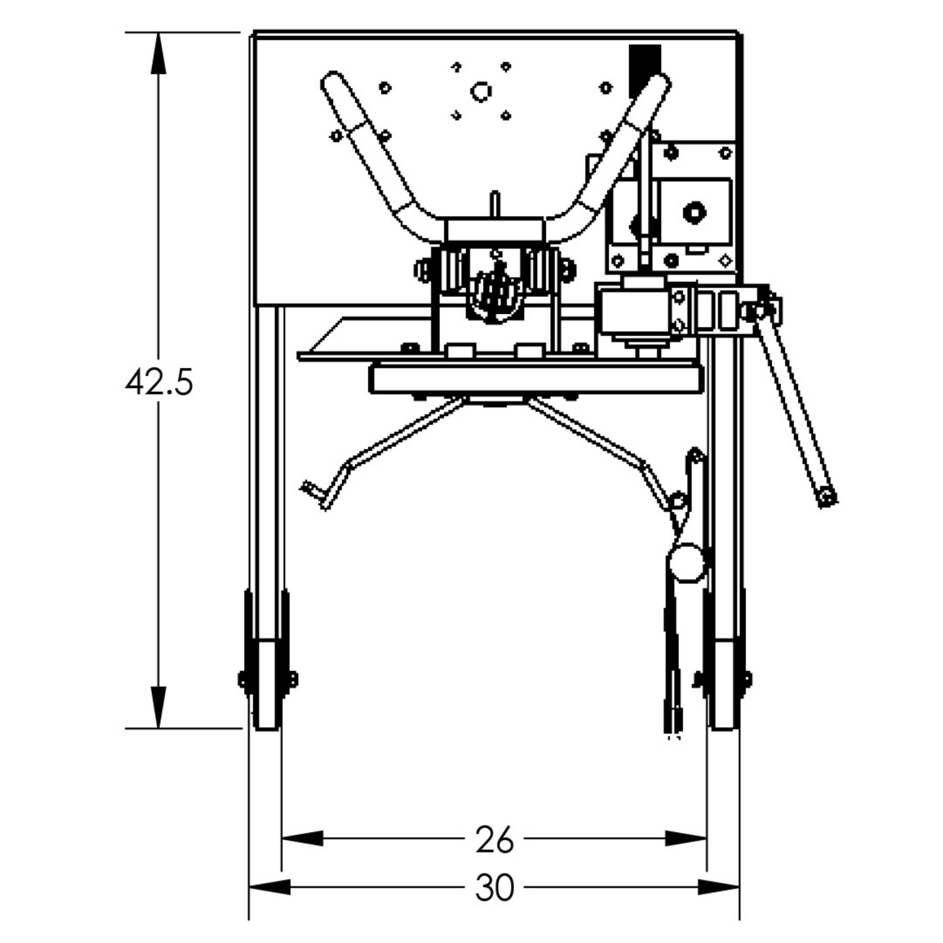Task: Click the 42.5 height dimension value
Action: [159, 382]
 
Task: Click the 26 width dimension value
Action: [494, 839]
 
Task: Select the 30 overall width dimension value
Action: [494, 888]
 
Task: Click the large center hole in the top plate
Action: [482, 91]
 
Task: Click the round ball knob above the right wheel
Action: [686, 563]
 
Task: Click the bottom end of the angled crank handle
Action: [827, 499]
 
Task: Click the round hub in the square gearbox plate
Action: [694, 212]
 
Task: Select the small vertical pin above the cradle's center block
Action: [495, 204]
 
